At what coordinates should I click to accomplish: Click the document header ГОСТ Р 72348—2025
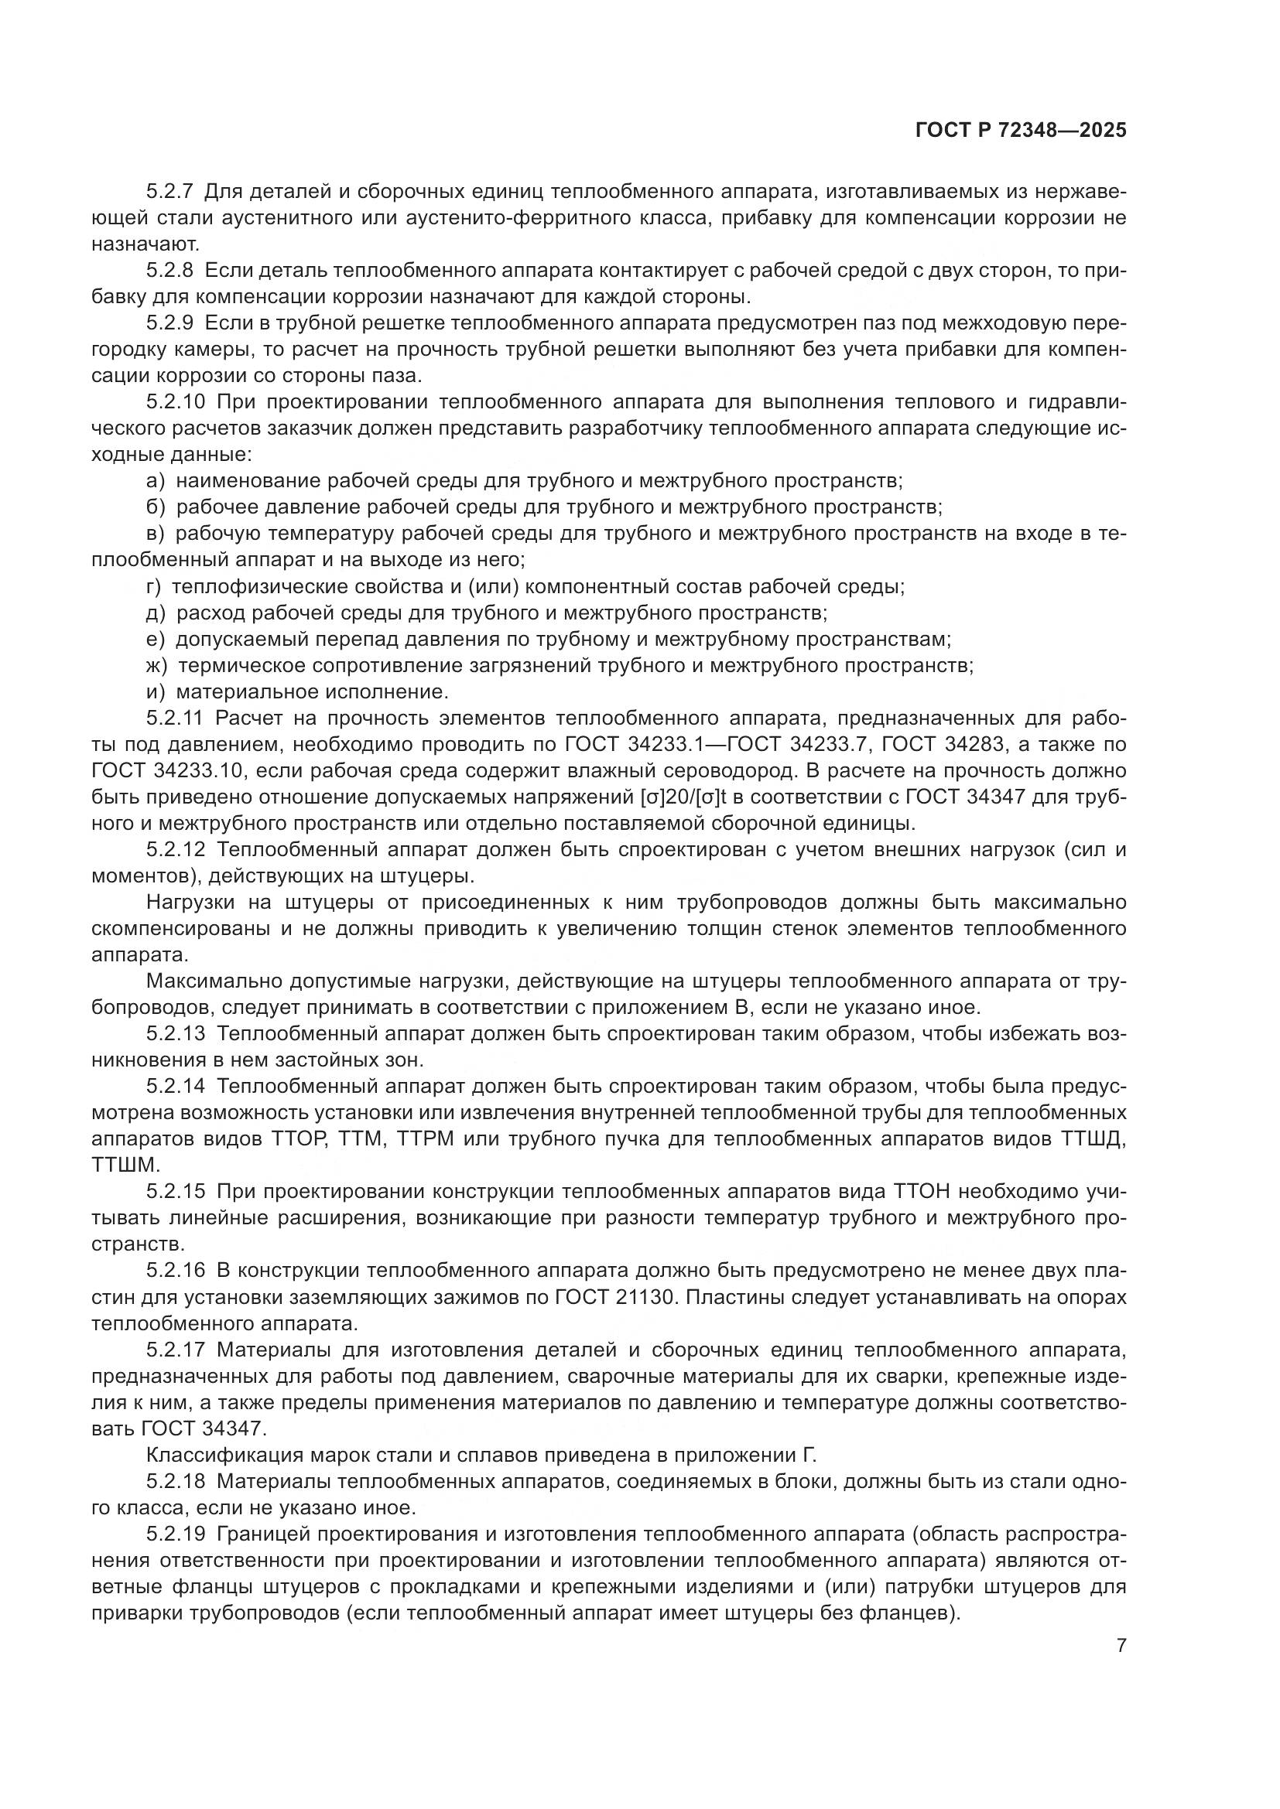(x=1021, y=131)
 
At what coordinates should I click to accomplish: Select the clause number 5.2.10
(x=175, y=402)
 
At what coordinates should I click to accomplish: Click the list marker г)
(x=154, y=586)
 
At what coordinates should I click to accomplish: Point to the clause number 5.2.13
(x=175, y=1033)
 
